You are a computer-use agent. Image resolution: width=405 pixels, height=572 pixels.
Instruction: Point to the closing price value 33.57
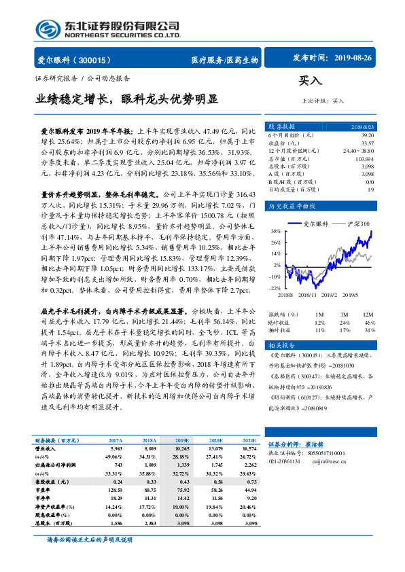[x=367, y=143]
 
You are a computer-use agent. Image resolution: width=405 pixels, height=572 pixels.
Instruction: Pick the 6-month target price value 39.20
[x=367, y=136]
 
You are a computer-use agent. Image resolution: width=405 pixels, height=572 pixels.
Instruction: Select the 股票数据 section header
[x=281, y=126]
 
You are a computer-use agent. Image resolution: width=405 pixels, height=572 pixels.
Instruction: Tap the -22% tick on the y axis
[x=274, y=288]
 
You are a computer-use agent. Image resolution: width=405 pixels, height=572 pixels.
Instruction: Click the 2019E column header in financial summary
[x=184, y=440]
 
